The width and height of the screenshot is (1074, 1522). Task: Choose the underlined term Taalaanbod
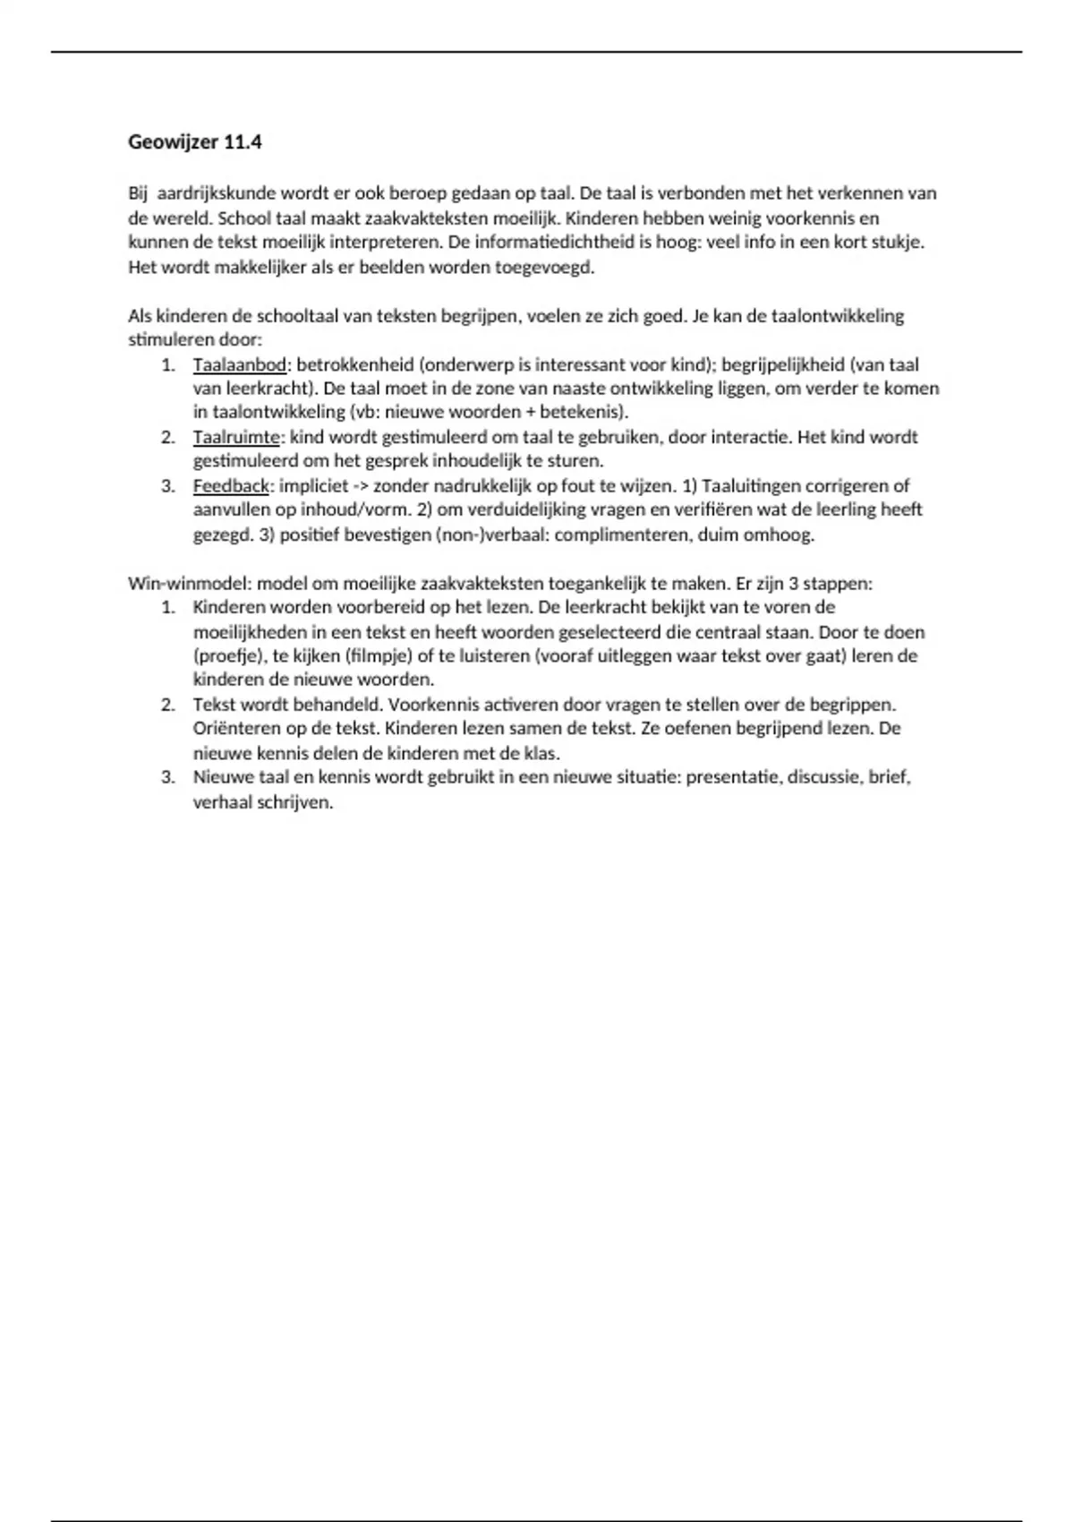pyautogui.click(x=239, y=364)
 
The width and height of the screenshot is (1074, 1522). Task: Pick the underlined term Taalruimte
pyautogui.click(x=236, y=437)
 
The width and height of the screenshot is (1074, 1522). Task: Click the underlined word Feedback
pyautogui.click(x=231, y=486)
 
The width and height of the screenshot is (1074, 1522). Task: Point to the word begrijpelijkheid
pyautogui.click(x=784, y=364)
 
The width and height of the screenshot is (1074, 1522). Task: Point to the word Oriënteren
pyautogui.click(x=234, y=729)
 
